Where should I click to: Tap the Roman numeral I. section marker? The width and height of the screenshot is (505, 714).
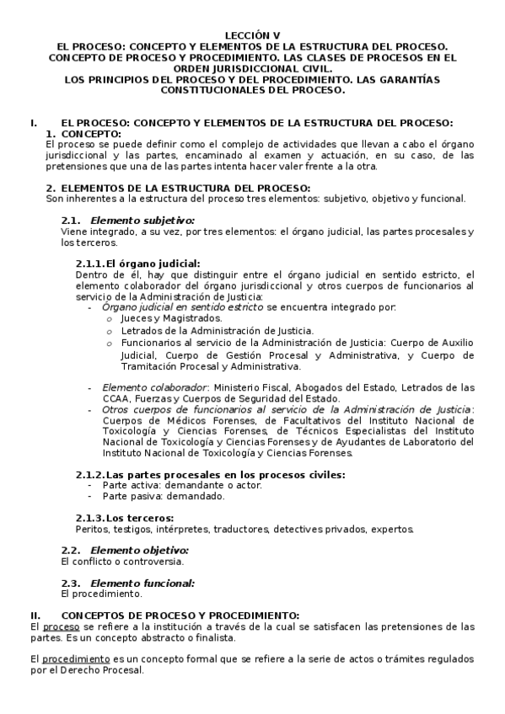pyautogui.click(x=33, y=123)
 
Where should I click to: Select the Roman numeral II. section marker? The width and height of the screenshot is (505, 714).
pyautogui.click(x=35, y=615)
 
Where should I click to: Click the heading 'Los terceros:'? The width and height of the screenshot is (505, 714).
pyautogui.click(x=140, y=518)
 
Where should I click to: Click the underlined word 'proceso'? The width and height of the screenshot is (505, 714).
pyautogui.click(x=61, y=626)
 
